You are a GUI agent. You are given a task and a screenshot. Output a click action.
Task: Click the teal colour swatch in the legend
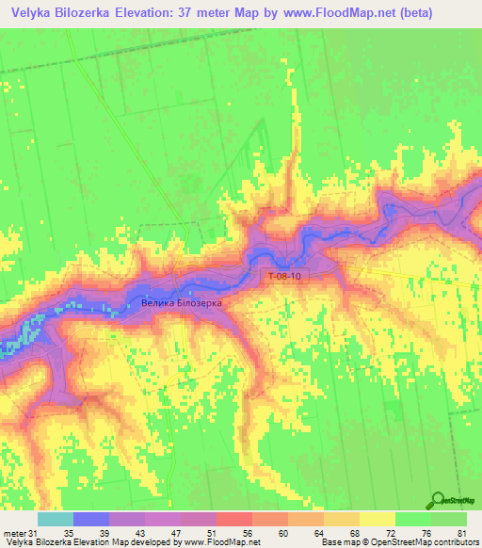click(55, 519)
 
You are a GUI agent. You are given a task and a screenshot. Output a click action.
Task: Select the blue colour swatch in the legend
click(91, 519)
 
